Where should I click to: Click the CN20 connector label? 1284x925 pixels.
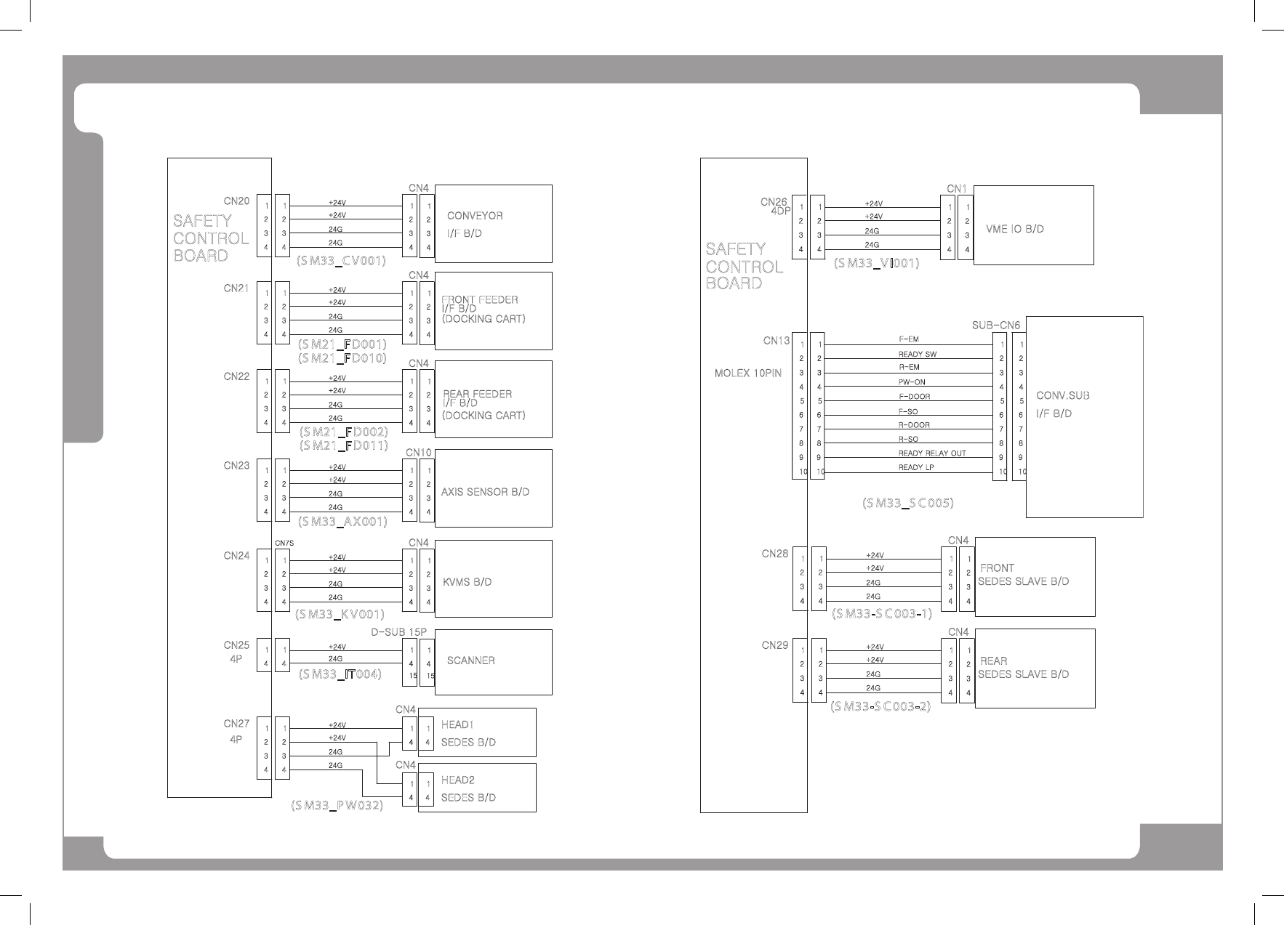click(236, 201)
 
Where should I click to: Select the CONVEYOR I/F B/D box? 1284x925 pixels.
click(493, 224)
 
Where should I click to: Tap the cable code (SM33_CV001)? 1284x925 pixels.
click(340, 260)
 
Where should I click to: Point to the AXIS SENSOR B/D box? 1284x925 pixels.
click(493, 489)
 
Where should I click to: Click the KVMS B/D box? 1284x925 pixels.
click(493, 579)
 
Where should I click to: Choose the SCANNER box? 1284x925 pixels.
click(493, 662)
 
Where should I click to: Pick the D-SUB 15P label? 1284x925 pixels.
click(398, 632)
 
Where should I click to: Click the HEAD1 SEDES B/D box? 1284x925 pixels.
click(476, 732)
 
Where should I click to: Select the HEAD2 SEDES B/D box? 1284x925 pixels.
click(476, 788)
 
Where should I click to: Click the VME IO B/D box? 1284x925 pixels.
click(1032, 225)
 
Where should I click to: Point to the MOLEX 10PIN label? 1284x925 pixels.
click(748, 373)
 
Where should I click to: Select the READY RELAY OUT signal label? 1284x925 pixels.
click(932, 453)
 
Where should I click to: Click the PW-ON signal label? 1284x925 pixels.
click(912, 382)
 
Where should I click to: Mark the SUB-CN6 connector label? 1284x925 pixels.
click(996, 325)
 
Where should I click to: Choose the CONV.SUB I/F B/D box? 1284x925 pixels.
click(1083, 417)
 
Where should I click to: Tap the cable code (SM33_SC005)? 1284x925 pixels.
click(907, 503)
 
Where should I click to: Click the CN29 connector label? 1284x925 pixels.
click(775, 645)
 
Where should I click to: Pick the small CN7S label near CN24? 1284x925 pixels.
click(284, 543)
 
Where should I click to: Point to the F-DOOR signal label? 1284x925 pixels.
click(914, 397)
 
